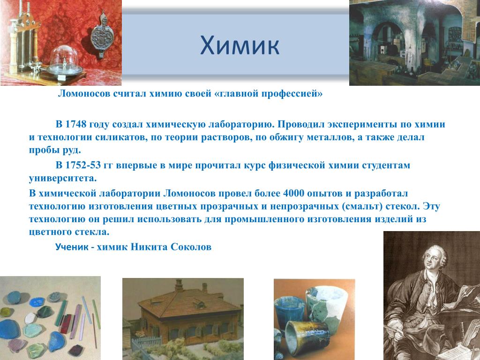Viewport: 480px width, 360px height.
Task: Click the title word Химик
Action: click(x=240, y=45)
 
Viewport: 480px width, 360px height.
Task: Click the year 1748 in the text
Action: click(x=75, y=124)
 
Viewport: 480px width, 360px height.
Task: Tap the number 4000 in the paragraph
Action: click(x=293, y=194)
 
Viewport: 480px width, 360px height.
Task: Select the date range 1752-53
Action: click(x=82, y=165)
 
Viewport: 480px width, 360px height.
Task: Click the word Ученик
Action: click(x=72, y=247)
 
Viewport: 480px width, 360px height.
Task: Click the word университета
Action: click(x=62, y=178)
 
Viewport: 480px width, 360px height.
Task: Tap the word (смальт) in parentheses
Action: click(x=362, y=206)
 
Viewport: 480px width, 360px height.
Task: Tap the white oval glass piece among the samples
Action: click(x=30, y=318)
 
